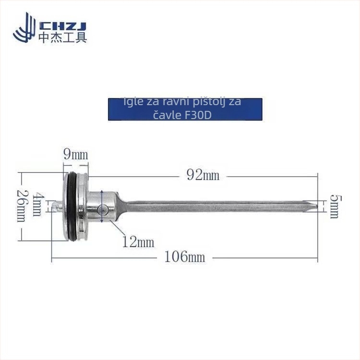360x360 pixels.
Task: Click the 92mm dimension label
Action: pos(203,176)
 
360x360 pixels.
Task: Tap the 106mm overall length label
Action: pos(185,257)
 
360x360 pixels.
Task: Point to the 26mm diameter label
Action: pos(21,206)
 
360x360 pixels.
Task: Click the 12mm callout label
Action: pos(138,242)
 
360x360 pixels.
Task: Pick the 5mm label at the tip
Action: pos(335,206)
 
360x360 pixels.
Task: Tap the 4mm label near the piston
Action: pos(37,205)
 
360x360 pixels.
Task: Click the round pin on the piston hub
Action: pos(102,209)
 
